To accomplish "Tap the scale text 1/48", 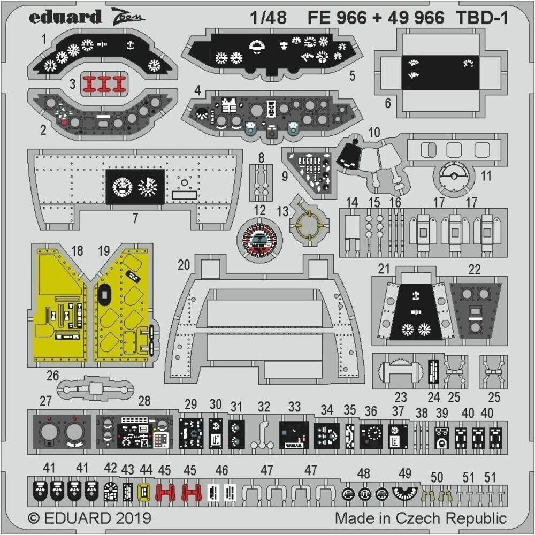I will [268, 18].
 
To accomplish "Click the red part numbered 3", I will [104, 84].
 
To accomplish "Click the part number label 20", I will [184, 265].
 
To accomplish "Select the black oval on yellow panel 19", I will [103, 295].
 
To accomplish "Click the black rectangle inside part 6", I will [440, 73].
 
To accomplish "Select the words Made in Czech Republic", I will [421, 518].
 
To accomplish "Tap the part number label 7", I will [135, 218].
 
